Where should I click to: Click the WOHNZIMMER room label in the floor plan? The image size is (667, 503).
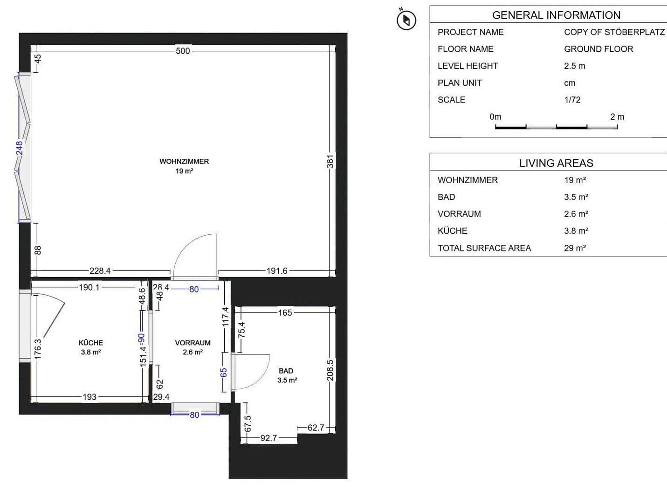[184, 162]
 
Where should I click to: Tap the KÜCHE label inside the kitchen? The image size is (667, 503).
[91, 343]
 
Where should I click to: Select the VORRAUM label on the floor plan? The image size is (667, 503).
[193, 343]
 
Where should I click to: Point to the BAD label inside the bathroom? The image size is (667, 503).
[286, 371]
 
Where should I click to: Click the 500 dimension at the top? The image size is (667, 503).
[183, 51]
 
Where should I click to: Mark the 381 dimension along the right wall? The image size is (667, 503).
[330, 162]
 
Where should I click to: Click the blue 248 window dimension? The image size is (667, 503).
[19, 148]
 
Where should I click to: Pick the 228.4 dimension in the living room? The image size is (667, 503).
[100, 271]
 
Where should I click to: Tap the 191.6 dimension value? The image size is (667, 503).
[277, 271]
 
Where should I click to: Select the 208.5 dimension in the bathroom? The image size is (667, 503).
[330, 370]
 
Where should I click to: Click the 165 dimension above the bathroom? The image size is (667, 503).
[285, 313]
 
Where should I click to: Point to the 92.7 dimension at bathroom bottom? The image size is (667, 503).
[268, 438]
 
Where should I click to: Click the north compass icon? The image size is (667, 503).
[406, 20]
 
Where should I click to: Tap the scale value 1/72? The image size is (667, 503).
[572, 100]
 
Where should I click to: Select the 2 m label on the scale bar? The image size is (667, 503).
[617, 117]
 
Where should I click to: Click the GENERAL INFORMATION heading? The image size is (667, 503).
[556, 15]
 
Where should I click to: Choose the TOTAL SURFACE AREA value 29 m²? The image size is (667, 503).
[575, 248]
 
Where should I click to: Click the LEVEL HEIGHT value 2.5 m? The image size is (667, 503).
[574, 66]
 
